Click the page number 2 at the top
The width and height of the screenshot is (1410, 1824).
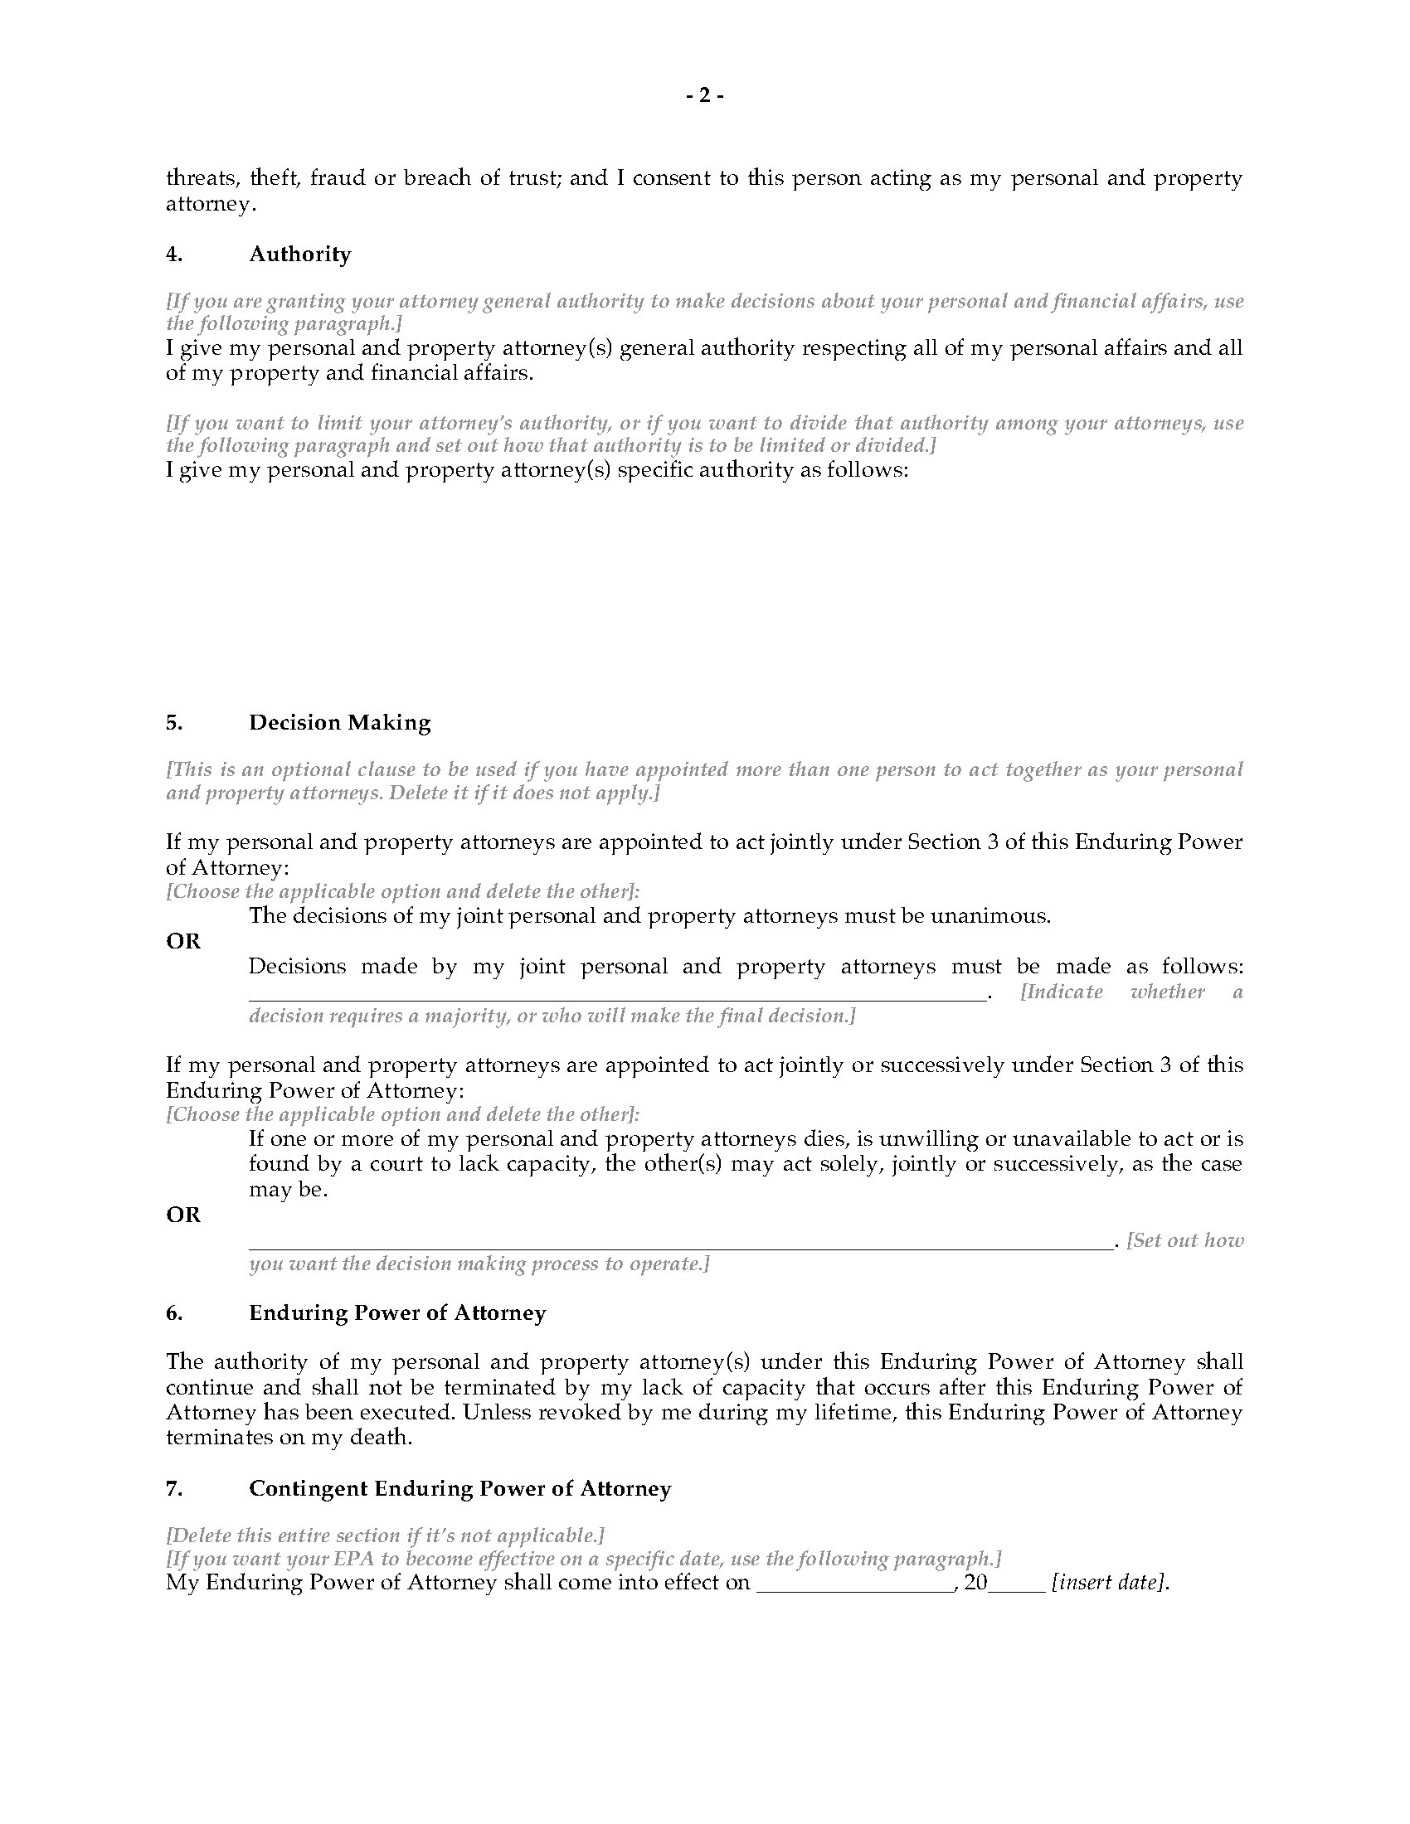click(704, 96)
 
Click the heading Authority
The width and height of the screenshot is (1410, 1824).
click(299, 254)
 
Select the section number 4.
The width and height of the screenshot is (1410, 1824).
click(173, 254)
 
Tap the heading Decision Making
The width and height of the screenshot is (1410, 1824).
click(339, 722)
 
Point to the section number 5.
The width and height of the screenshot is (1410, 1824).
click(173, 722)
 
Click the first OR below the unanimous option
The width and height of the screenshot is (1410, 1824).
click(183, 941)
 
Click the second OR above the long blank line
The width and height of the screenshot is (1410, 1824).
click(183, 1215)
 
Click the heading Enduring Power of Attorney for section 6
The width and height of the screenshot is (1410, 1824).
click(396, 1313)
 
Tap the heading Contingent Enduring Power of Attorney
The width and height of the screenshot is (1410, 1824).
click(459, 1488)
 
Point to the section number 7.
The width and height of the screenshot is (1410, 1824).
click(173, 1488)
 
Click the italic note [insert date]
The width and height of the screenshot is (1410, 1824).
click(1107, 1582)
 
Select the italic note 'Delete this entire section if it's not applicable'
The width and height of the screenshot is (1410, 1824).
click(385, 1535)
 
